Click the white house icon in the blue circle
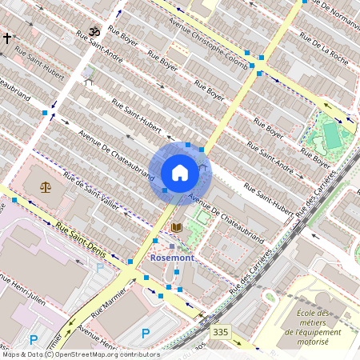[180, 173]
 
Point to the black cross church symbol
[6, 38]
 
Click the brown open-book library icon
[177, 228]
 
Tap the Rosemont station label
[172, 258]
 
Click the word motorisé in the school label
[312, 342]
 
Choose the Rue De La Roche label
[323, 47]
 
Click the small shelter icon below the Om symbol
[88, 80]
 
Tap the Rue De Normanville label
[332, 12]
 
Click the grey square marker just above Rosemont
[171, 246]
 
